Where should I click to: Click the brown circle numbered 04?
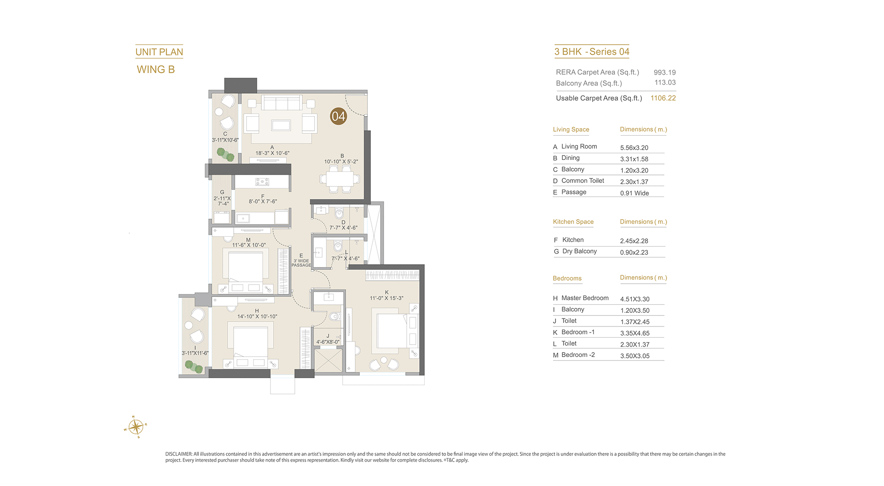pyautogui.click(x=339, y=116)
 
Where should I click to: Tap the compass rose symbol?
pyautogui.click(x=136, y=427)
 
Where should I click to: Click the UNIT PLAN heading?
pyautogui.click(x=159, y=52)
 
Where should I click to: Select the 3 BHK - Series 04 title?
pyautogui.click(x=592, y=52)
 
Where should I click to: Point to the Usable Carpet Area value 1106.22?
pyautogui.click(x=663, y=98)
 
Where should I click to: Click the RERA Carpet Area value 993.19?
pyautogui.click(x=665, y=72)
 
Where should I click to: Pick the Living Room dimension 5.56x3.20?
pyautogui.click(x=634, y=148)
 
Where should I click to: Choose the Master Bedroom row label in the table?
pyautogui.click(x=585, y=298)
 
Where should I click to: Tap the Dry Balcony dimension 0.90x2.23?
pyautogui.click(x=634, y=253)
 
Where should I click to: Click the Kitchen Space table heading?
pyautogui.click(x=573, y=222)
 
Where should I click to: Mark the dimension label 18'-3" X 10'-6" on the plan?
pyautogui.click(x=272, y=153)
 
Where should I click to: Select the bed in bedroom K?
pyautogui.click(x=392, y=330)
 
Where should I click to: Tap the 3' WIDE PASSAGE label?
pyautogui.click(x=301, y=263)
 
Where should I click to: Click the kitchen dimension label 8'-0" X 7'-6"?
pyautogui.click(x=263, y=201)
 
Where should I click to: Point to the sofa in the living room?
pyautogui.click(x=282, y=103)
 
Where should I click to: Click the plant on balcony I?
pyautogui.click(x=194, y=367)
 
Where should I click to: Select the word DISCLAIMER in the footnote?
pyautogui.click(x=179, y=454)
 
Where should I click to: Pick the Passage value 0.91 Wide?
pyautogui.click(x=635, y=194)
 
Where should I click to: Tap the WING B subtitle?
pyautogui.click(x=156, y=70)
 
